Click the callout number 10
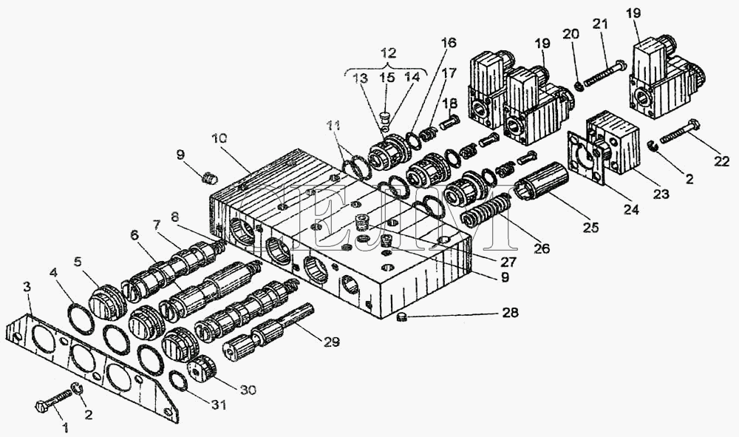click(219, 138)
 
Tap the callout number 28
click(510, 313)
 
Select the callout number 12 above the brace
click(389, 52)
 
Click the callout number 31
click(218, 404)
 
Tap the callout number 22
click(721, 162)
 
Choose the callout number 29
click(331, 342)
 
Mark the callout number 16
click(449, 43)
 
